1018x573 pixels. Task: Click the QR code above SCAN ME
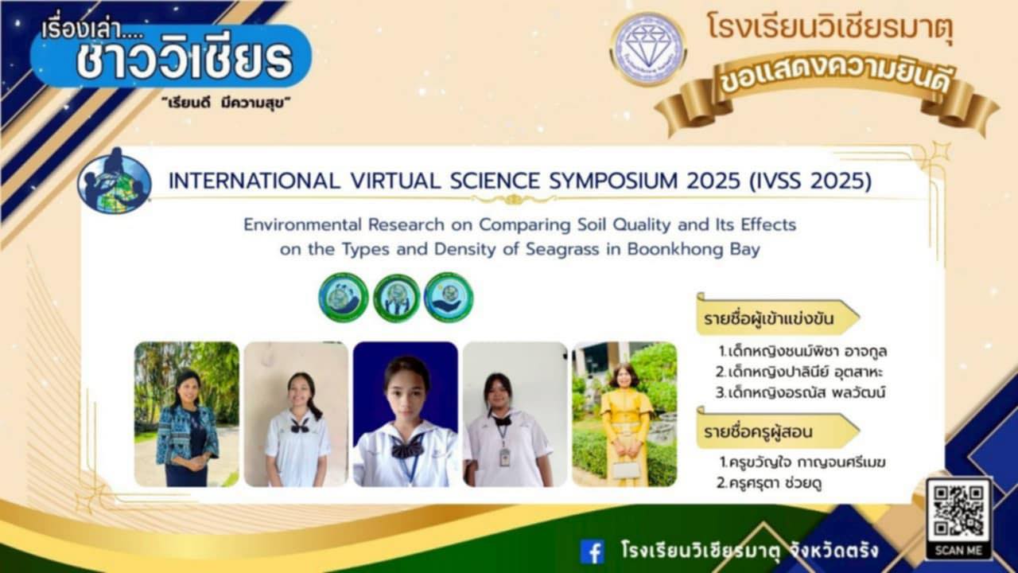(958, 510)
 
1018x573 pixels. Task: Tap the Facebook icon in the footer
(593, 552)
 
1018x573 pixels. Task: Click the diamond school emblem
(648, 49)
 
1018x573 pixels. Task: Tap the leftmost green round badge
(344, 298)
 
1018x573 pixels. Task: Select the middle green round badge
(396, 298)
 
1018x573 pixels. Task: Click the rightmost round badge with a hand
(449, 298)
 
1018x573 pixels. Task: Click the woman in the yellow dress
(625, 425)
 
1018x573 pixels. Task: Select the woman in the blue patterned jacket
(187, 429)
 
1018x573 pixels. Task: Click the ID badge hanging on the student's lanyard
(504, 457)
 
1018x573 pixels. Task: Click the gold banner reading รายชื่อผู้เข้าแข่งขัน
(778, 317)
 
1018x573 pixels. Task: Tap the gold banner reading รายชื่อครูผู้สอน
(778, 431)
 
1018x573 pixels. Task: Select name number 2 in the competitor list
(799, 372)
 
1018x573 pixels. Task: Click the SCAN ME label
(958, 551)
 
